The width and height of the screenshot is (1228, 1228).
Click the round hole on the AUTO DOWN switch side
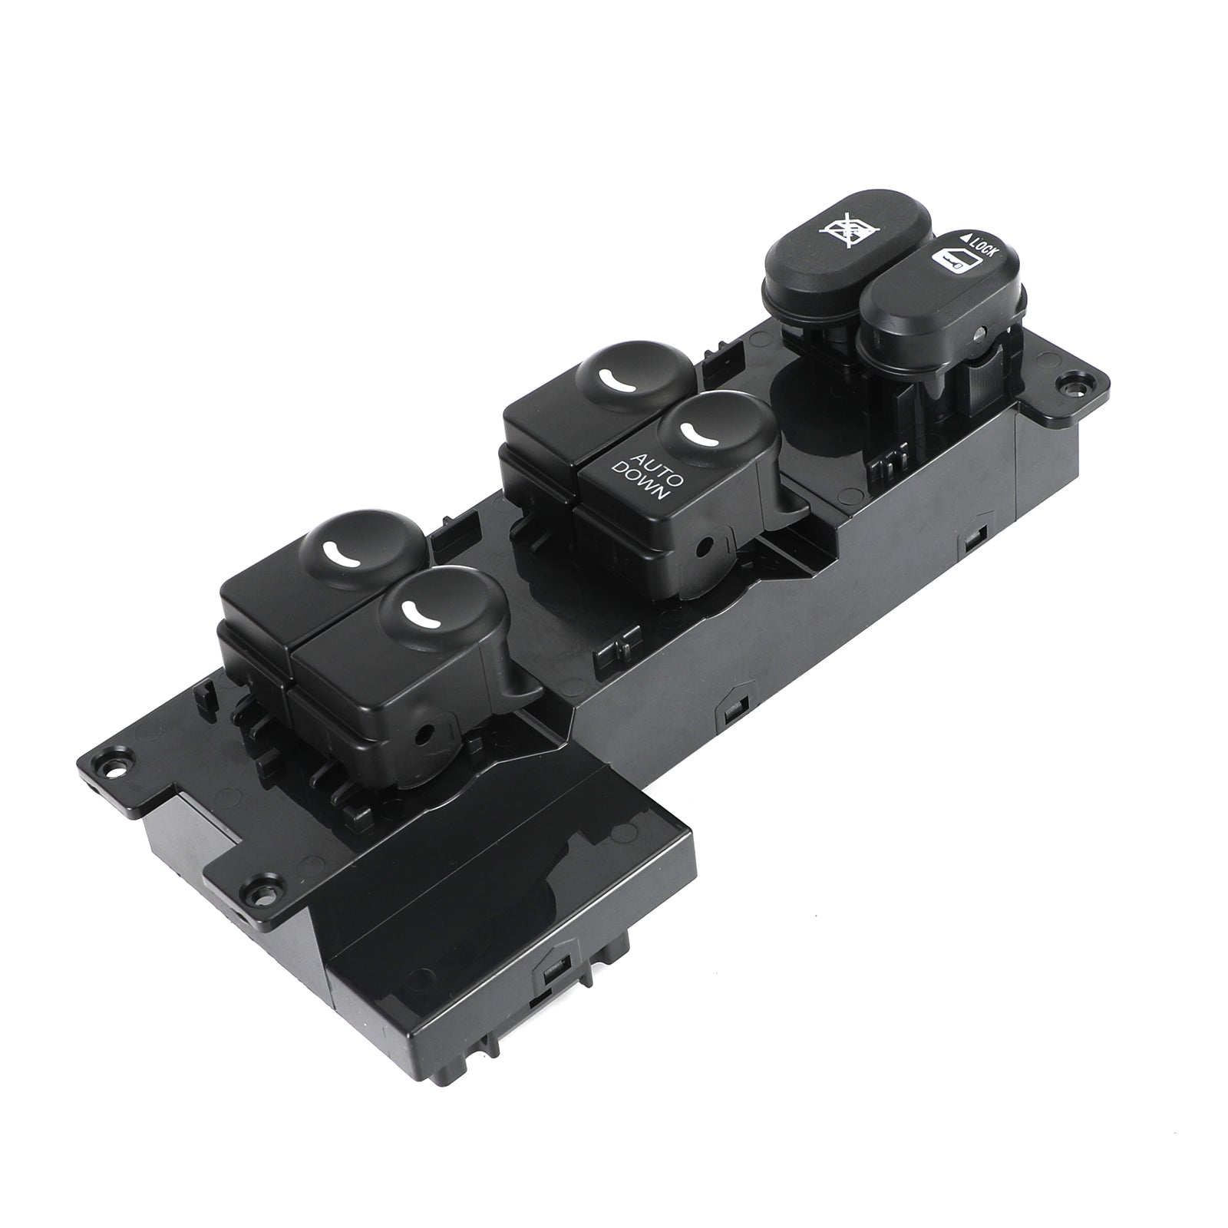pos(704,548)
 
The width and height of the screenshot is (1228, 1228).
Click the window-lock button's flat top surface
pos(851,223)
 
